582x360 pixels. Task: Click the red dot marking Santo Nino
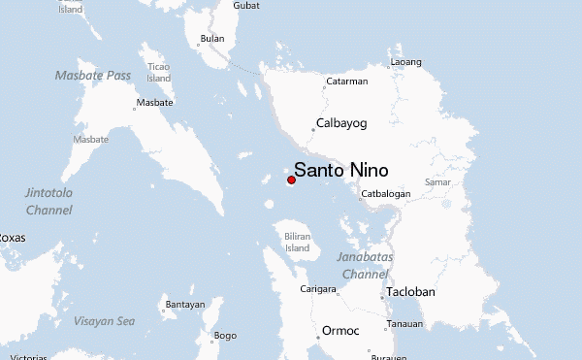click(x=291, y=180)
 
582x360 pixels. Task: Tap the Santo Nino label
click(x=341, y=171)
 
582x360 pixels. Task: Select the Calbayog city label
click(x=342, y=123)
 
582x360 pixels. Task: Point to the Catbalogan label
click(x=386, y=194)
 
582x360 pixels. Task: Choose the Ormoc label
click(x=340, y=330)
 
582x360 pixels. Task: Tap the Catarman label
click(x=345, y=82)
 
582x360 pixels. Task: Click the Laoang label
click(x=405, y=62)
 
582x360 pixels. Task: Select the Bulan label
click(x=211, y=40)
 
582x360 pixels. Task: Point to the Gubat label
click(x=246, y=6)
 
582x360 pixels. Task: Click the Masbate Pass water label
click(x=93, y=75)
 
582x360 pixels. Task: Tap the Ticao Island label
click(x=158, y=72)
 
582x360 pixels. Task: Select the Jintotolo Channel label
click(x=48, y=201)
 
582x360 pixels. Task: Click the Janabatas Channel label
click(x=363, y=266)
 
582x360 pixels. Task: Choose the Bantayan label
click(x=185, y=305)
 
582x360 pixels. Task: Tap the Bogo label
click(x=224, y=336)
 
